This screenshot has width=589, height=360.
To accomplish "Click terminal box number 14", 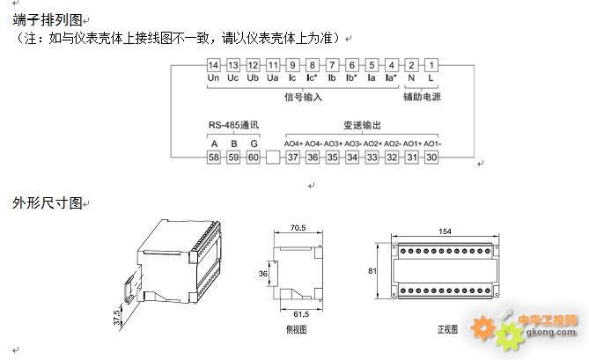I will tap(213, 65).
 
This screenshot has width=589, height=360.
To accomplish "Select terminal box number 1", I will tap(431, 65).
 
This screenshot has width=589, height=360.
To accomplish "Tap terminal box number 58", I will tap(214, 157).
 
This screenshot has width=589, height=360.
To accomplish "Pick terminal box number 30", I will tap(431, 157).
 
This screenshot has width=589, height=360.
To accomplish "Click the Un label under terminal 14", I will tap(213, 78).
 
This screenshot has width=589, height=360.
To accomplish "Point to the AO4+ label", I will tap(293, 143).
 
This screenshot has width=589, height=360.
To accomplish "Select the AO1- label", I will tap(432, 143).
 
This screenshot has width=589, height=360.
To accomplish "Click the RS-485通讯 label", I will tap(233, 125).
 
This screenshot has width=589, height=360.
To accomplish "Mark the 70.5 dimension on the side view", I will tap(297, 228).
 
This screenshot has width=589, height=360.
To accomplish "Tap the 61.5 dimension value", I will tap(301, 313).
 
